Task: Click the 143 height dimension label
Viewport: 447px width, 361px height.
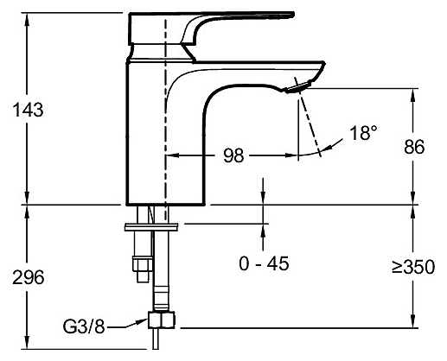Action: pos(28,110)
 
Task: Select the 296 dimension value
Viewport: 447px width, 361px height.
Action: pos(29,278)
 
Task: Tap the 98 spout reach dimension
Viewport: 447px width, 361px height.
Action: pos(233,155)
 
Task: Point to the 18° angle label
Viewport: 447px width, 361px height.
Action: pos(363,133)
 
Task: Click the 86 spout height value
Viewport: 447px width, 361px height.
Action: pos(414,147)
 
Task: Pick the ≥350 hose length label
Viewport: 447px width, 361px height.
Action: pos(413,267)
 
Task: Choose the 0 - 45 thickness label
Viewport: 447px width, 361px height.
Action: pos(264,263)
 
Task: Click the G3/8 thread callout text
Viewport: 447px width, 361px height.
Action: pos(84,326)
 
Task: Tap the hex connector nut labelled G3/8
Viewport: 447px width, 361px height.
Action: pos(162,320)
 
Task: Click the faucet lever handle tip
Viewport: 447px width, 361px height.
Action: pos(291,15)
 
